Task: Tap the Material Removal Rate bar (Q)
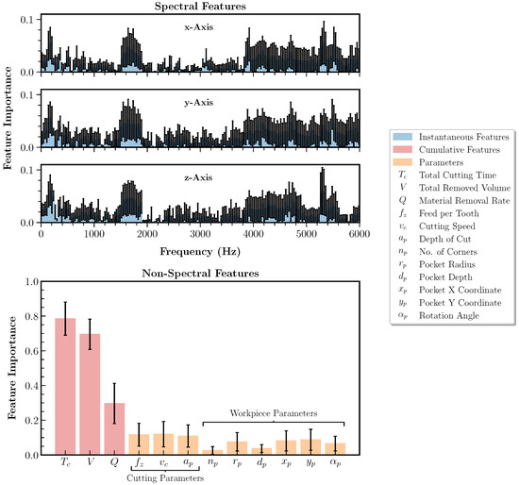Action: tap(114, 429)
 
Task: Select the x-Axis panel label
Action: tap(199, 27)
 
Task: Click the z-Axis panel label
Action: tap(199, 176)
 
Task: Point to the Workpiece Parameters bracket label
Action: tap(274, 413)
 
